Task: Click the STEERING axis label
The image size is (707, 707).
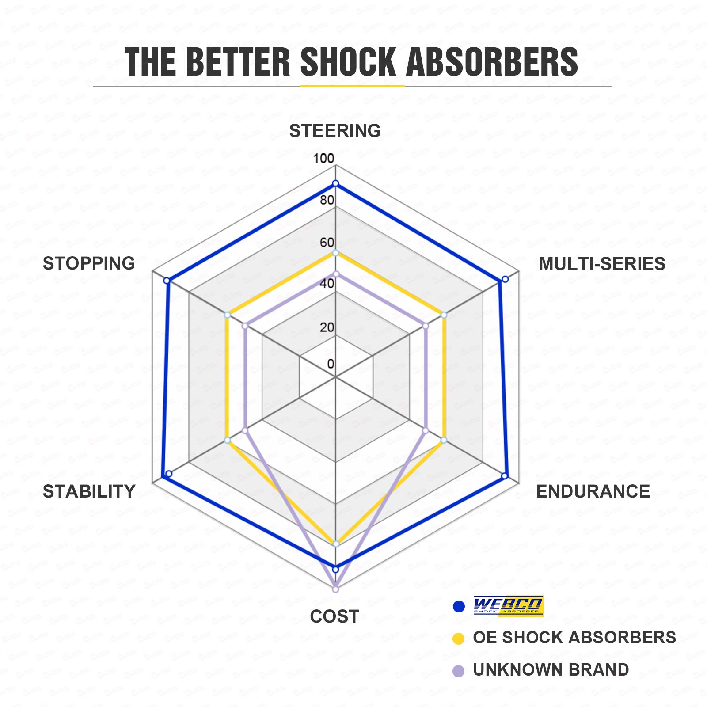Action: pos(335,131)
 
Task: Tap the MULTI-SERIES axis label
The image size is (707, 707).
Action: pos(602,264)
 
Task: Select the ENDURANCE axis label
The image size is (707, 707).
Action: pos(593,491)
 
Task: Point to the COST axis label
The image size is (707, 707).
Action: pos(334,616)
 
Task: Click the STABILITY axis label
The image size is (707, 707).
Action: pos(89,491)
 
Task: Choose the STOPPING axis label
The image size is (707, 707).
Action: pos(89,263)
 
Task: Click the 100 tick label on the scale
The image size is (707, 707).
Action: pos(323,158)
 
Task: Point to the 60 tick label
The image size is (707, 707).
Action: pos(327,242)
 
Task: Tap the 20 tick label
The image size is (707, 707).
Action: pos(327,327)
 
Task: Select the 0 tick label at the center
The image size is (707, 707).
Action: pos(331,364)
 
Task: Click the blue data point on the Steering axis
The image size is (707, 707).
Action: pos(335,183)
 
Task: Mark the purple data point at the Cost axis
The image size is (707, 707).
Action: pos(335,589)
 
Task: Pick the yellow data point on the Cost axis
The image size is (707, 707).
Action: pos(336,544)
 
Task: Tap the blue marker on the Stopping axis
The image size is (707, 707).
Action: pos(167,281)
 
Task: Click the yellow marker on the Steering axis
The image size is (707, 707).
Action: pos(335,253)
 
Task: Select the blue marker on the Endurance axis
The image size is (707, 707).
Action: pos(504,476)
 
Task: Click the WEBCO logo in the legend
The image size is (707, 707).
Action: pos(508,606)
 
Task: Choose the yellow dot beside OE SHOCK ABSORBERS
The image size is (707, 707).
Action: pos(459,639)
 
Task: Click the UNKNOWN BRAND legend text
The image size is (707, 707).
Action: pos(551,670)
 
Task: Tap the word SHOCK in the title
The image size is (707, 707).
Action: pos(348,62)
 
